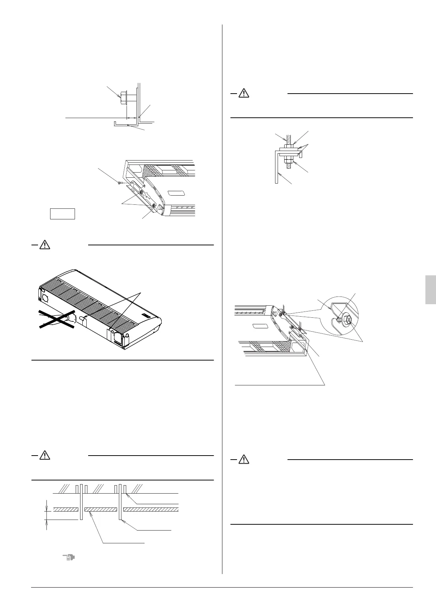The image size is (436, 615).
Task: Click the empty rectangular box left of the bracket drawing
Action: click(63, 214)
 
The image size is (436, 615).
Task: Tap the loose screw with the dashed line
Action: click(120, 183)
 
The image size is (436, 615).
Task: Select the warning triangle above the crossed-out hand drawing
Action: click(44, 245)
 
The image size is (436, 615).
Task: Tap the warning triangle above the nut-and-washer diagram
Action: click(243, 94)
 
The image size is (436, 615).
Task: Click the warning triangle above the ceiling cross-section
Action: click(44, 455)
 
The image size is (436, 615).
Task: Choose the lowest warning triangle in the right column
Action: click(243, 460)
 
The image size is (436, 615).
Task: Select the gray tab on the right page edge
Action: click(431, 290)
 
